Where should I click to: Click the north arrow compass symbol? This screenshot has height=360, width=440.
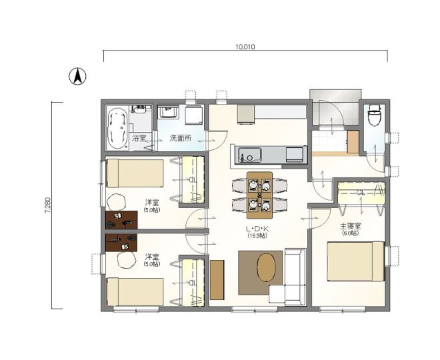point(77,76)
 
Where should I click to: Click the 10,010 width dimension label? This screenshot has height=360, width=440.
point(245,47)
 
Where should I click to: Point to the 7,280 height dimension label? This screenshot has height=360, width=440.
point(47,206)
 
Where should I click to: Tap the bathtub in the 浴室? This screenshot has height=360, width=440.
point(118,129)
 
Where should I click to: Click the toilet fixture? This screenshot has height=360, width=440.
point(375,115)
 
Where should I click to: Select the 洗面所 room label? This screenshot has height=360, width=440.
point(181,138)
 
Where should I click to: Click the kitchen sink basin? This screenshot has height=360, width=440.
point(250,155)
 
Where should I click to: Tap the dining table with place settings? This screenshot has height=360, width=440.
point(259,195)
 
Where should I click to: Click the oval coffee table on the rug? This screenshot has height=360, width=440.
point(266,267)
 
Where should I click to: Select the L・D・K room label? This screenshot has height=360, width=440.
point(257,229)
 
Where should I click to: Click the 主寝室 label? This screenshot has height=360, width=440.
point(351,226)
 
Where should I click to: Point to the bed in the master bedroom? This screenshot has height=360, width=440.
point(356,261)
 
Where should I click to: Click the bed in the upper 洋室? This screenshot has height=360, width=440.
point(135,173)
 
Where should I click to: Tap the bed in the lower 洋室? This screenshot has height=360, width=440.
point(135,292)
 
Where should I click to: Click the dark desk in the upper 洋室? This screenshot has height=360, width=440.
point(121,220)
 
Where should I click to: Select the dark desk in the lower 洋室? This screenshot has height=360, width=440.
point(121,243)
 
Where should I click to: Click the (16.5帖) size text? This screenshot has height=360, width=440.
point(257,236)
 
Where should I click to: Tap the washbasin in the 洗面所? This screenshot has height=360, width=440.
point(168,113)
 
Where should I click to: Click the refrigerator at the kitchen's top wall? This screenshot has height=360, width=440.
point(246,115)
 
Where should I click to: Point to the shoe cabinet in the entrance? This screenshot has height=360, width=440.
point(353,142)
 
